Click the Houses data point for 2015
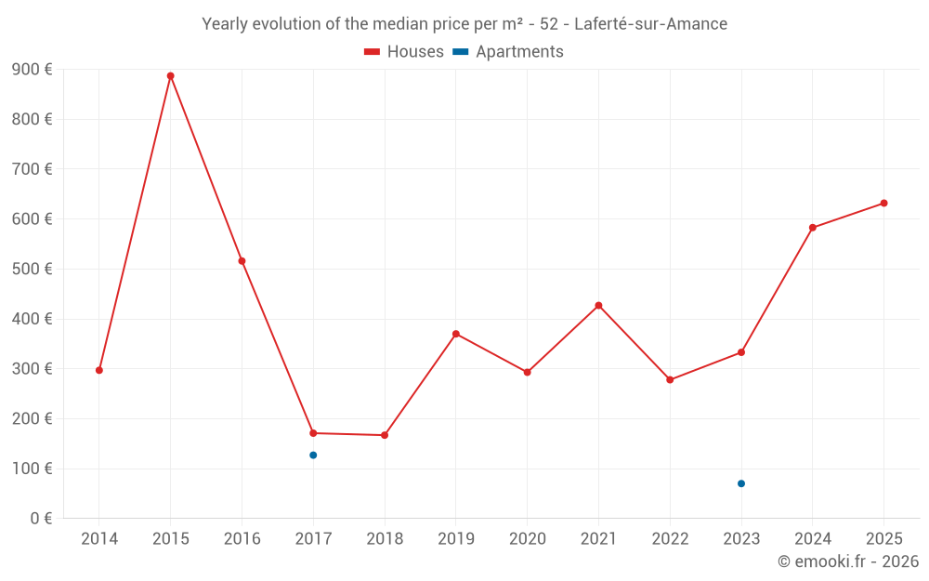[x=171, y=76]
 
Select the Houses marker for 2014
[x=99, y=370]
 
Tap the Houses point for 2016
[x=242, y=261]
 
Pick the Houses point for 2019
[x=456, y=334]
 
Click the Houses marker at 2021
[x=598, y=305]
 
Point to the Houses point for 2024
[x=813, y=228]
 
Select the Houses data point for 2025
[x=883, y=203]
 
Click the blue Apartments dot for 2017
[x=313, y=455]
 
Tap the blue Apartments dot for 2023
[x=741, y=483]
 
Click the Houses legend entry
[x=404, y=52]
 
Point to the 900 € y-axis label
[x=32, y=70]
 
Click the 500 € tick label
[x=32, y=270]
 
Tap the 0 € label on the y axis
[x=41, y=519]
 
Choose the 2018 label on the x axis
[x=385, y=539]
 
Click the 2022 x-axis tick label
[x=670, y=539]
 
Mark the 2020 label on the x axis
[x=528, y=539]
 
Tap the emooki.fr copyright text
[x=847, y=561]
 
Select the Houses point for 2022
[x=670, y=379]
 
